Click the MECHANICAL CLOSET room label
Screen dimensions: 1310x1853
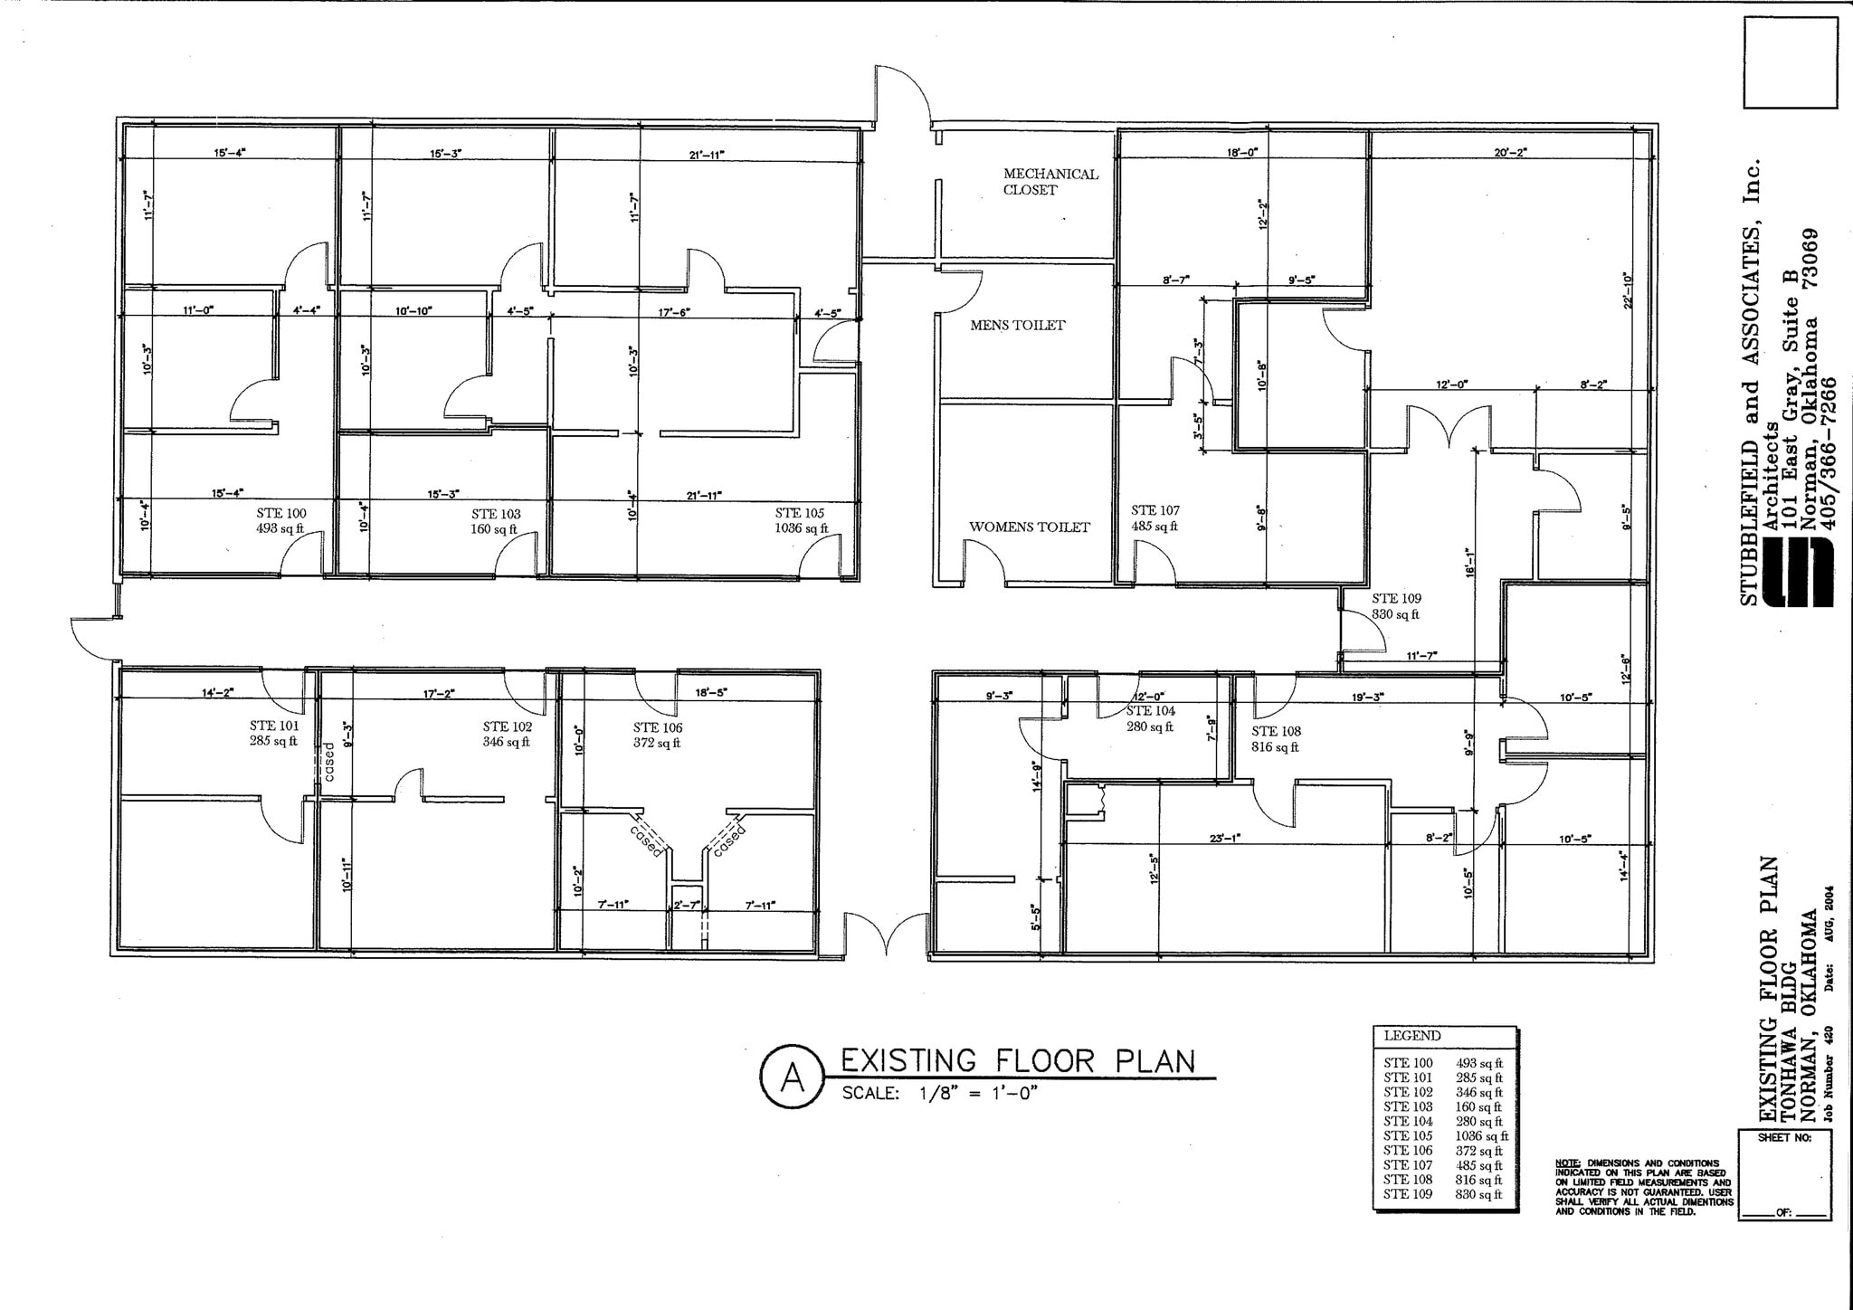[1050, 182]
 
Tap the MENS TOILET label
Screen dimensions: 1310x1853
[1017, 326]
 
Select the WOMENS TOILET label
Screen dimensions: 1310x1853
[1029, 527]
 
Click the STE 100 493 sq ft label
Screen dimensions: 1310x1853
[280, 521]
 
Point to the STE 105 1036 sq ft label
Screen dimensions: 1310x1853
[800, 521]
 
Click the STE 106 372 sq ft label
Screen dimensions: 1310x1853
[657, 736]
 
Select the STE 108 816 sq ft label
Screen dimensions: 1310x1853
[1276, 739]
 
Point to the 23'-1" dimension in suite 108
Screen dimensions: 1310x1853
[1224, 839]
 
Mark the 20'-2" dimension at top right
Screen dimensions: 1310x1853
[1510, 153]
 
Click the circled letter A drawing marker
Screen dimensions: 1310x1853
[792, 1077]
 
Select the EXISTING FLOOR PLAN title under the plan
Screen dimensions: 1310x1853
[1018, 1060]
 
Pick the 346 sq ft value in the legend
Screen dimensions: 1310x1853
[1478, 1093]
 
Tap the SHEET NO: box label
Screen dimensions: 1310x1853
[1784, 1138]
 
